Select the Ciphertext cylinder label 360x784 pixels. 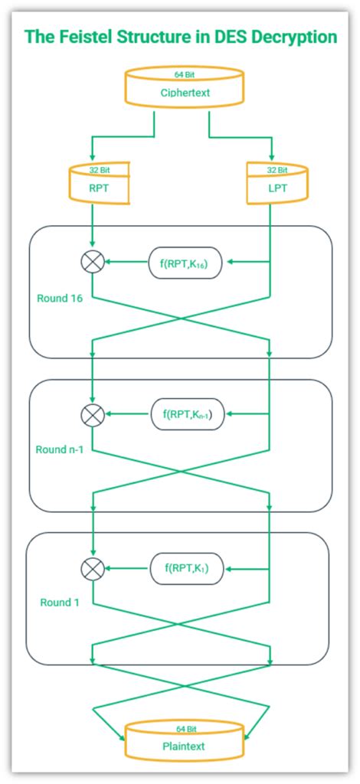[x=185, y=95]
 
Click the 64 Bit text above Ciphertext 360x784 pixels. [x=185, y=76]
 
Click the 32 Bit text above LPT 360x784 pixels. [x=277, y=170]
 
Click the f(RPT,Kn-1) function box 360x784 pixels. [x=187, y=414]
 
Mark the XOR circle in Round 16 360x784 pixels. [x=92, y=262]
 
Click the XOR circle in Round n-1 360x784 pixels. [x=92, y=414]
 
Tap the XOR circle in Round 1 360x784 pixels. [x=92, y=568]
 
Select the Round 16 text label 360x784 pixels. [x=60, y=298]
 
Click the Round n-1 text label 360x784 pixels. [x=59, y=449]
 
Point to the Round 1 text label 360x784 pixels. [x=59, y=603]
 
